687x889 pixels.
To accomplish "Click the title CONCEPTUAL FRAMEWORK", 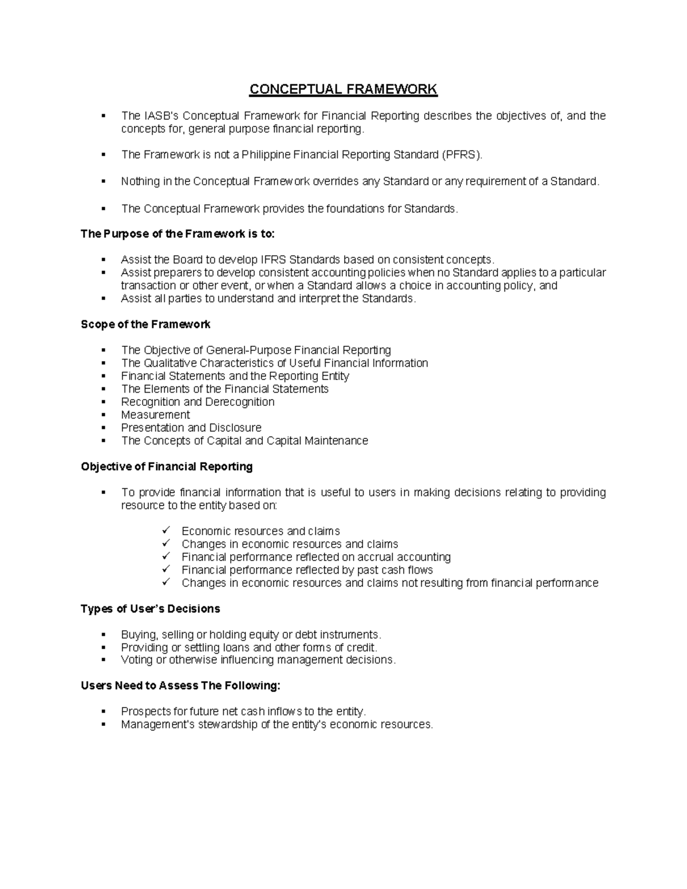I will click(343, 89).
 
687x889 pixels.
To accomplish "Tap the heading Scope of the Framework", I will click(145, 325).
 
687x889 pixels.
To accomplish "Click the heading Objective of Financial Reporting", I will click(167, 467).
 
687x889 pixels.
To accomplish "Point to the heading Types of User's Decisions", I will click(150, 609).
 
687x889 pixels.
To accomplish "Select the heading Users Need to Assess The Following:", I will click(180, 686).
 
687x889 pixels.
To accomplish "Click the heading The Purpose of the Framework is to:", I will click(177, 234).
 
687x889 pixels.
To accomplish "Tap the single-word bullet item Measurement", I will click(155, 415).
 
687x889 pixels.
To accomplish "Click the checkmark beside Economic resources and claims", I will click(167, 531).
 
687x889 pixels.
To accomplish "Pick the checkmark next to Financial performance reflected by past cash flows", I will click(167, 570).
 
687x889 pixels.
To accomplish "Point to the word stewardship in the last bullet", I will click(228, 725).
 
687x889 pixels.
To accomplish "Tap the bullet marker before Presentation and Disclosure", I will click(104, 428).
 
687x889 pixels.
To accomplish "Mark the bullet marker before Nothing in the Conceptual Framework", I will click(104, 181).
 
